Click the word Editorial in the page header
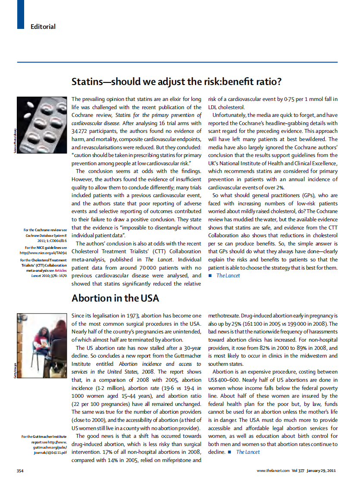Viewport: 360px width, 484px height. pyautogui.click(x=43, y=27)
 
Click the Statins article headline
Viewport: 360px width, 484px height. pyautogui.click(x=177, y=82)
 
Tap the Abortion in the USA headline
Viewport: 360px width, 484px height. pyautogui.click(x=115, y=298)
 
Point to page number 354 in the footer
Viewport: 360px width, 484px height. pyautogui.click(x=20, y=469)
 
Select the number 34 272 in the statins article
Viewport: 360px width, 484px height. pyautogui.click(x=80, y=131)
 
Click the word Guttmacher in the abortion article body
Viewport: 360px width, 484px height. pyautogui.click(x=185, y=356)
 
